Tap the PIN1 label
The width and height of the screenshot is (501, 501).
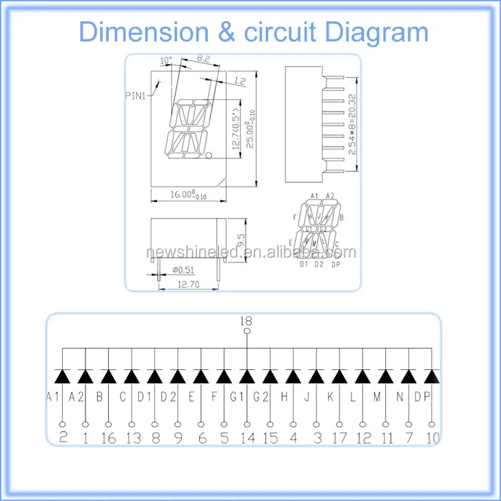(x=138, y=96)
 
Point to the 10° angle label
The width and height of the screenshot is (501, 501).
(x=166, y=61)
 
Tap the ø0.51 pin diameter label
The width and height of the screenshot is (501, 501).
(x=183, y=270)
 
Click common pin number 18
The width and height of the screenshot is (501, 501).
(x=246, y=321)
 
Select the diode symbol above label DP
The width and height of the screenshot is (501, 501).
(x=432, y=376)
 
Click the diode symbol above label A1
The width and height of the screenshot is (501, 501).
(x=62, y=376)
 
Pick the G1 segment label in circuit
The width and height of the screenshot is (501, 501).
(x=236, y=397)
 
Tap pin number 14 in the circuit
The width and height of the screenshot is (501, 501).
(x=247, y=438)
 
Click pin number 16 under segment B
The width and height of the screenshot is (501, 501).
(x=108, y=438)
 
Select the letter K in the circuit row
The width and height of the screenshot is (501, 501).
(x=329, y=397)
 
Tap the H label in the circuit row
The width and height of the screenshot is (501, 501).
(x=284, y=397)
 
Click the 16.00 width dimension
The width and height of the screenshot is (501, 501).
(x=184, y=194)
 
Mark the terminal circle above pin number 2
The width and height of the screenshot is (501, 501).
(x=63, y=424)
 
